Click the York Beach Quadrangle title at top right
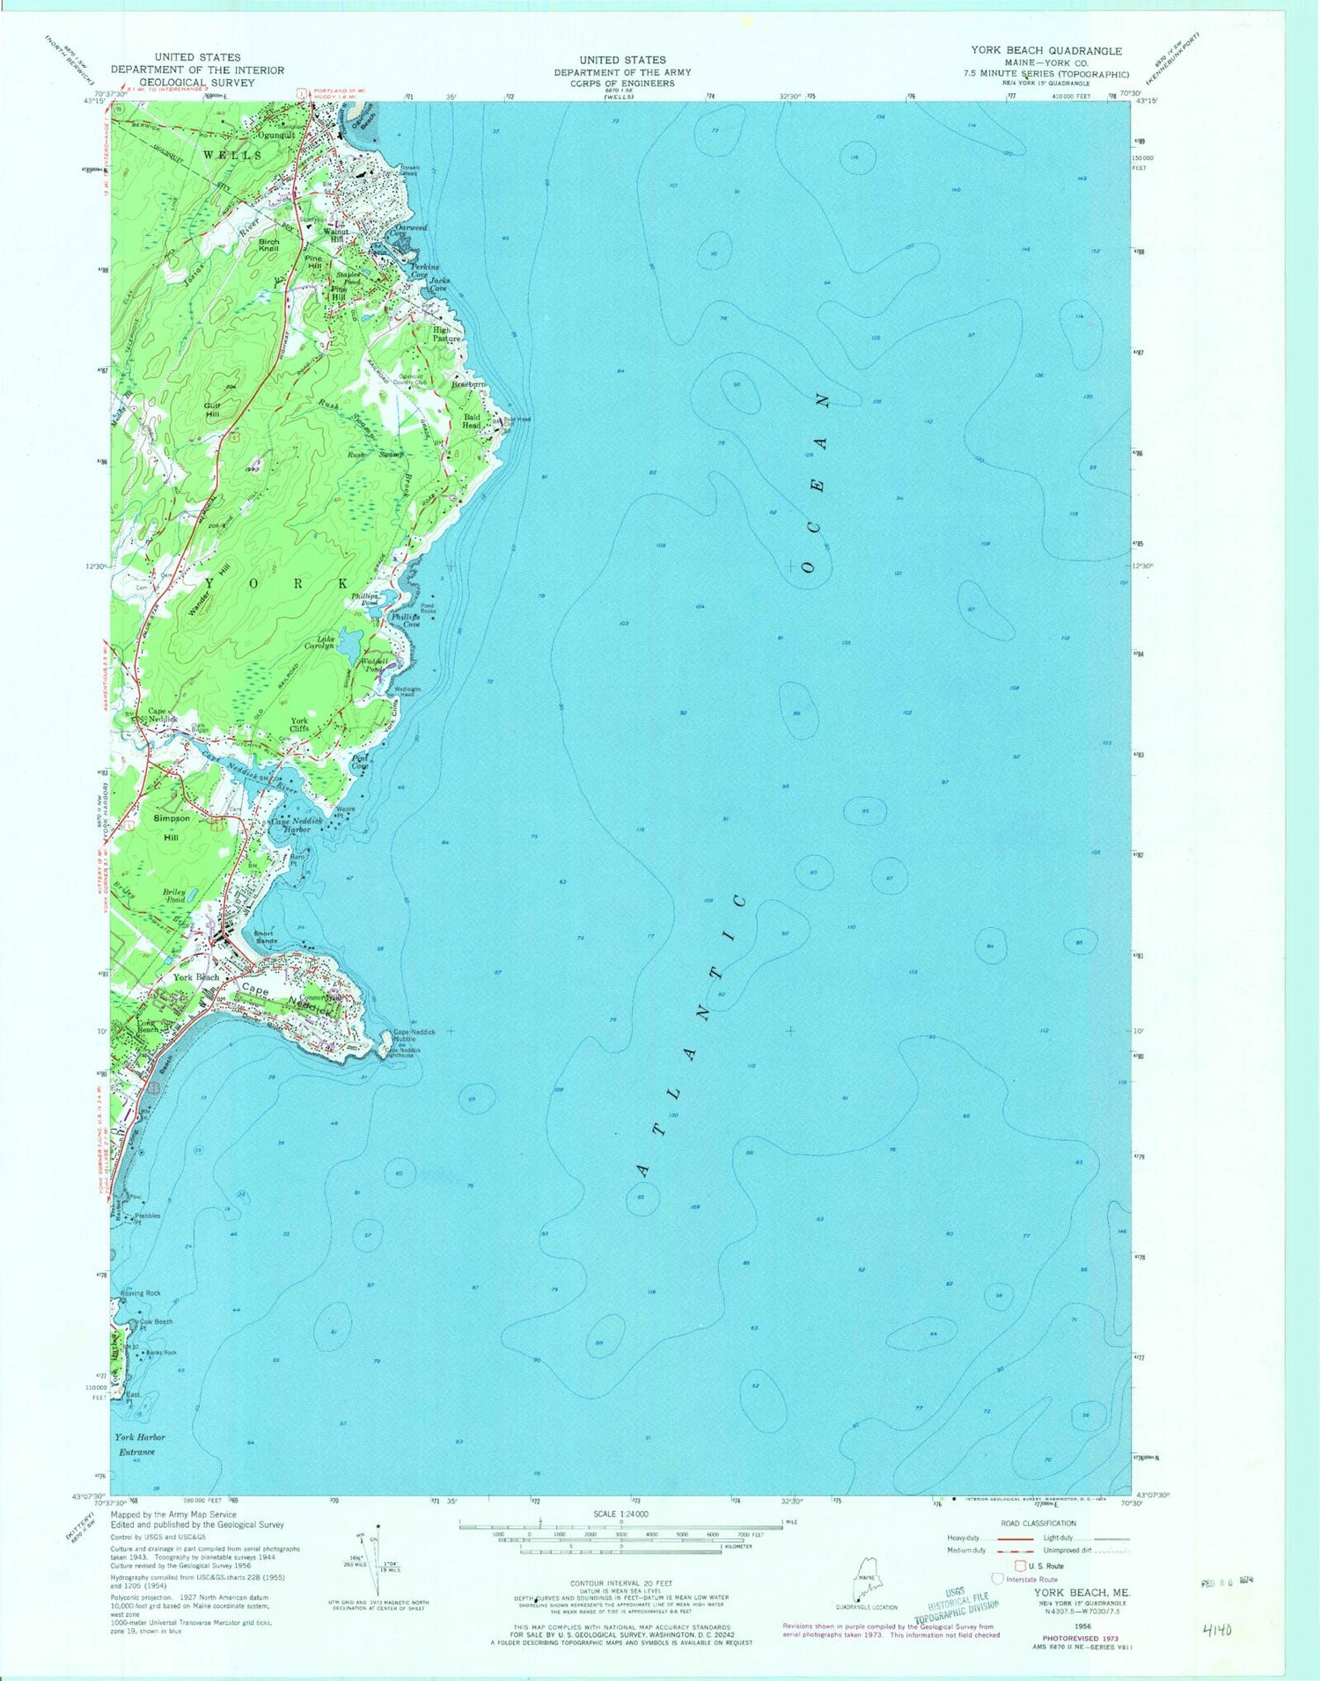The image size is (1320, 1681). click(x=1045, y=51)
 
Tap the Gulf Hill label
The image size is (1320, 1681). click(x=212, y=409)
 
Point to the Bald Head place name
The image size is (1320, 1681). click(x=473, y=421)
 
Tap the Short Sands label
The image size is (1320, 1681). click(x=265, y=937)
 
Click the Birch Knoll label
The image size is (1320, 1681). click(x=268, y=245)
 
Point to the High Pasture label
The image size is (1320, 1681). click(x=446, y=334)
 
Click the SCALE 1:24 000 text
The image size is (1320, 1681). click(x=620, y=1514)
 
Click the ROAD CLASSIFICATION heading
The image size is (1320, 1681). click(x=1038, y=1523)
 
